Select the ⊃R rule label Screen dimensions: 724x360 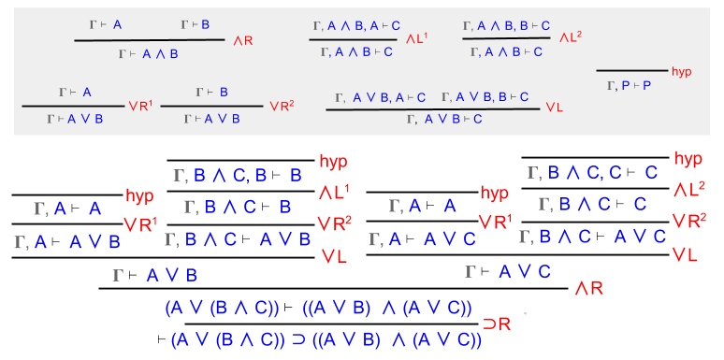pyautogui.click(x=496, y=324)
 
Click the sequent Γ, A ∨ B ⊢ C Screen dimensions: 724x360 pyautogui.click(x=444, y=119)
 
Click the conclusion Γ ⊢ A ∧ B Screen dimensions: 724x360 pyautogui.click(x=149, y=53)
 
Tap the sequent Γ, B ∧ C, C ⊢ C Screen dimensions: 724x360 pyautogui.click(x=593, y=173)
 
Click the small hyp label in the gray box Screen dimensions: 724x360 pyautogui.click(x=681, y=70)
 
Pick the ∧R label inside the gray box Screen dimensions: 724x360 pyautogui.click(x=242, y=40)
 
